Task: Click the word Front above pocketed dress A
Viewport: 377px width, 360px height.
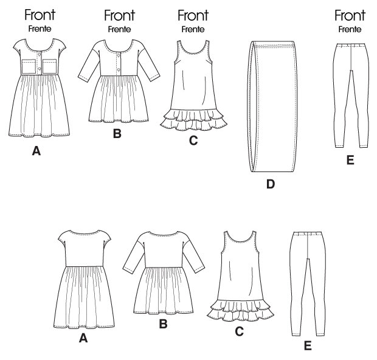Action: tap(40, 15)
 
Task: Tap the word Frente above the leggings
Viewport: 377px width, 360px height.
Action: tap(350, 30)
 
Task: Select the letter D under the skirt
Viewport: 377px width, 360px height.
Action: tap(271, 184)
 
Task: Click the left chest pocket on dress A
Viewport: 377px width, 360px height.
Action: tap(29, 66)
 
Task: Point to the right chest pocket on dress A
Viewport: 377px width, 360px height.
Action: tap(49, 66)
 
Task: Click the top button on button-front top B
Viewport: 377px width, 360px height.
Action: tap(119, 56)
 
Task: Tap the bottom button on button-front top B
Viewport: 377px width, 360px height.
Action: tap(119, 69)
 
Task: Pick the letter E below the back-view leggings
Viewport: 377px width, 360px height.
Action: tap(308, 345)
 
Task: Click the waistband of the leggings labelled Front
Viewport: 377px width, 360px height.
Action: tap(351, 45)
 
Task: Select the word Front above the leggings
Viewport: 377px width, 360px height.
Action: tap(350, 15)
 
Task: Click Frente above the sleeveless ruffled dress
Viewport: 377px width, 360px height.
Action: tap(193, 30)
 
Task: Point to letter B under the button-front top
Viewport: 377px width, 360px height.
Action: tap(117, 133)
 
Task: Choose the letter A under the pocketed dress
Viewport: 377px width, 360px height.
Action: tap(36, 151)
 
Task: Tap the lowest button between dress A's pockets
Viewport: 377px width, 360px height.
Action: tap(40, 69)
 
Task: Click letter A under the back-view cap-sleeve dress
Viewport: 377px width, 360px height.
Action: tap(83, 338)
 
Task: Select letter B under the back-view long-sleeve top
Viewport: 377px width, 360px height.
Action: tap(163, 324)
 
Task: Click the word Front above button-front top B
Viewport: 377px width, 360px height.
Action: tap(120, 15)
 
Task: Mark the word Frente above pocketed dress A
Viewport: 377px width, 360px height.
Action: tap(40, 29)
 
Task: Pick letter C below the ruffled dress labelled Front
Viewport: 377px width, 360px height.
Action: tap(193, 140)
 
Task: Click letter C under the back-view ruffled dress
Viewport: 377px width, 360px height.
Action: tap(239, 331)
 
